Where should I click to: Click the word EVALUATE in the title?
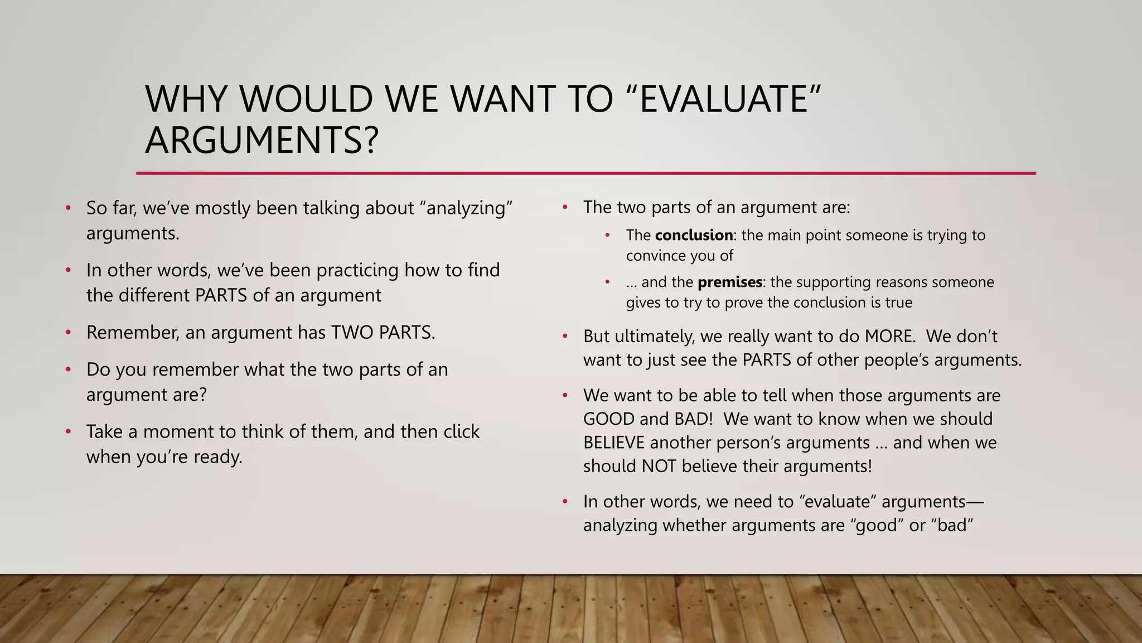pyautogui.click(x=724, y=99)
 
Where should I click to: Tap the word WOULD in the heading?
pyautogui.click(x=306, y=99)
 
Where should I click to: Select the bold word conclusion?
pyautogui.click(x=694, y=235)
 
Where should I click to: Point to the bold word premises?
pyautogui.click(x=730, y=282)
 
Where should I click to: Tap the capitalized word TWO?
pyautogui.click(x=352, y=333)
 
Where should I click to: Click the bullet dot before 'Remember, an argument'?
pyautogui.click(x=68, y=333)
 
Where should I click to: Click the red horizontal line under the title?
pyautogui.click(x=585, y=174)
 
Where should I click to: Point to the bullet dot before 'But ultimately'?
pyautogui.click(x=565, y=337)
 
